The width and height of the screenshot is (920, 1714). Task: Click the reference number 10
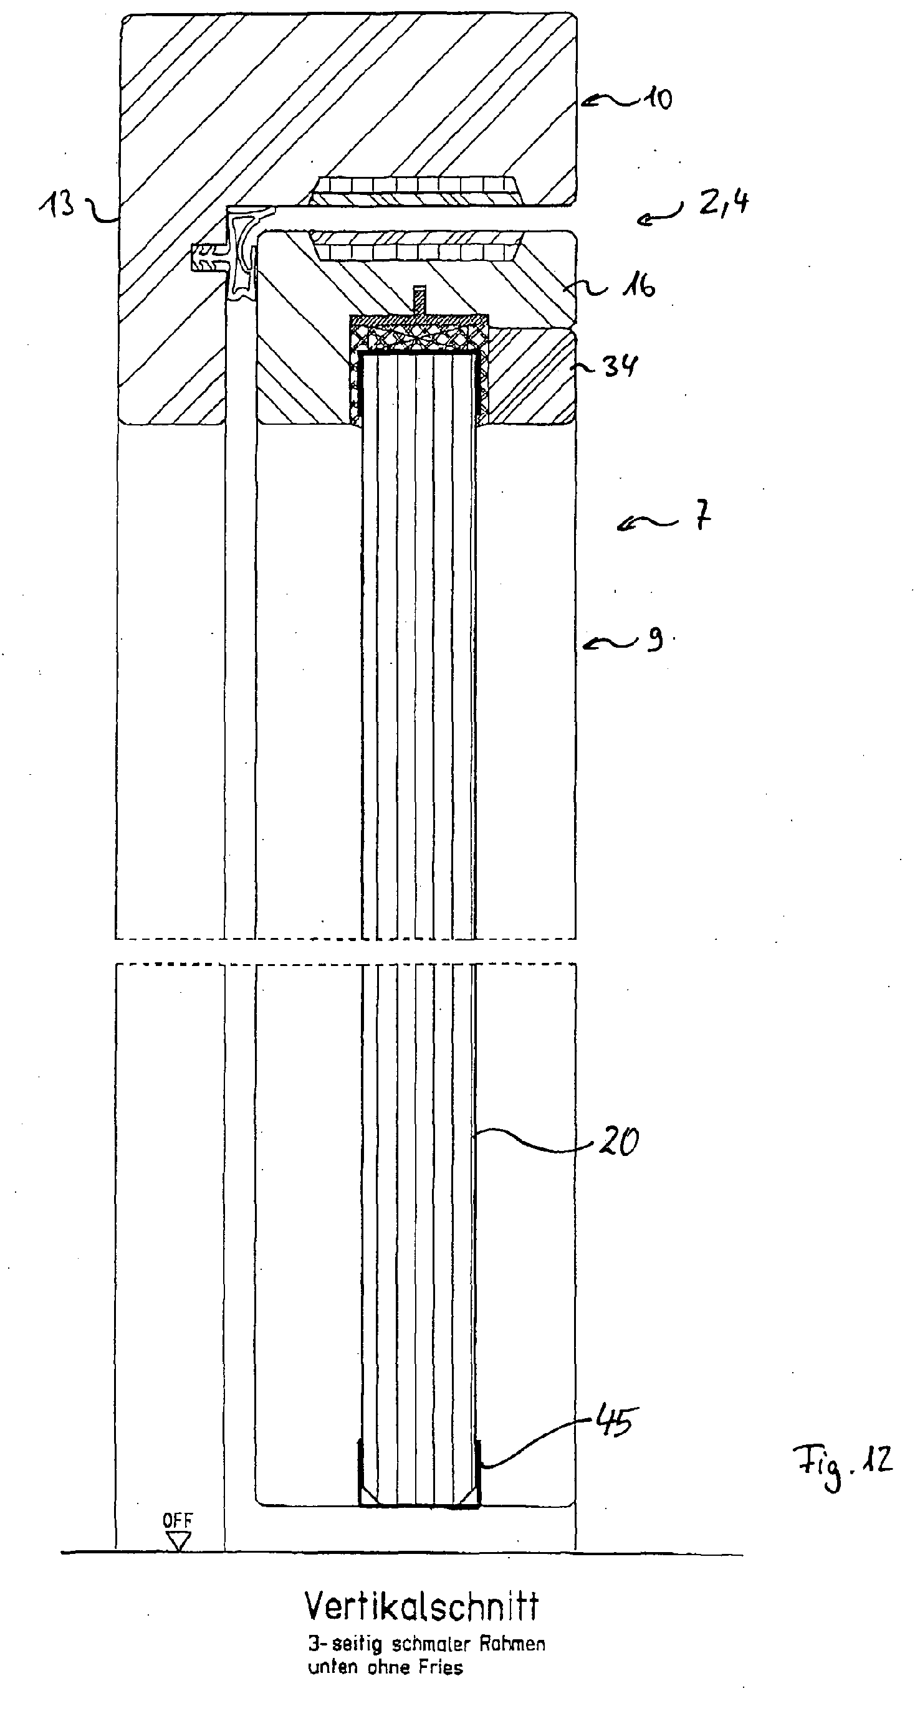tap(657, 99)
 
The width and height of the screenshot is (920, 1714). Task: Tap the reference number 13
tap(57, 204)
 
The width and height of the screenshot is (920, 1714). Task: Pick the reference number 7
tap(703, 516)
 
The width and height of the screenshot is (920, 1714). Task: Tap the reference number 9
tap(655, 640)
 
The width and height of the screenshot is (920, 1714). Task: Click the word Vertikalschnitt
tap(422, 1607)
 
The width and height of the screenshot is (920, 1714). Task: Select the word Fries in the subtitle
tap(441, 1667)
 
